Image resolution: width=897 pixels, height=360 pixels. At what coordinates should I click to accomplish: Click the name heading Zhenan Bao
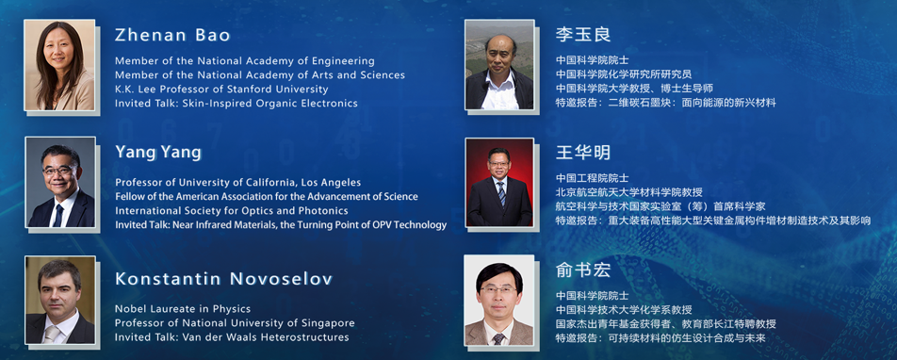tap(172, 36)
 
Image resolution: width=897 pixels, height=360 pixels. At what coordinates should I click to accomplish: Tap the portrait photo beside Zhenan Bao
tap(59, 65)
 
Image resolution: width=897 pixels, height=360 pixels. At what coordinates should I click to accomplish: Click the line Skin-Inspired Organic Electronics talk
tap(236, 104)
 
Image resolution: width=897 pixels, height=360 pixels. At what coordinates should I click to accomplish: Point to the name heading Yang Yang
tap(158, 153)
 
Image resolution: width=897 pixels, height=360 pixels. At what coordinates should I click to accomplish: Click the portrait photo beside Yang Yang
tap(60, 182)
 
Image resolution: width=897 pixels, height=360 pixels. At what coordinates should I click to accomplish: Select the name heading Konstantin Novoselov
tap(223, 279)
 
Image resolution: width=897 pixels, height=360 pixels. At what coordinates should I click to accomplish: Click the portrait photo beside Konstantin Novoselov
tap(60, 300)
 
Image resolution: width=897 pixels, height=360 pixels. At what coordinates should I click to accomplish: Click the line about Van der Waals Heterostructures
tap(232, 337)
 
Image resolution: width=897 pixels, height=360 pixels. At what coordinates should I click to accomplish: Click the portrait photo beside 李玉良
tap(499, 65)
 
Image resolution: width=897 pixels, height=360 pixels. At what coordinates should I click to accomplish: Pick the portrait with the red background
tap(499, 182)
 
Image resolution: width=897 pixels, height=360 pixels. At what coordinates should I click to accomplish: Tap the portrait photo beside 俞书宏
tap(498, 300)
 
